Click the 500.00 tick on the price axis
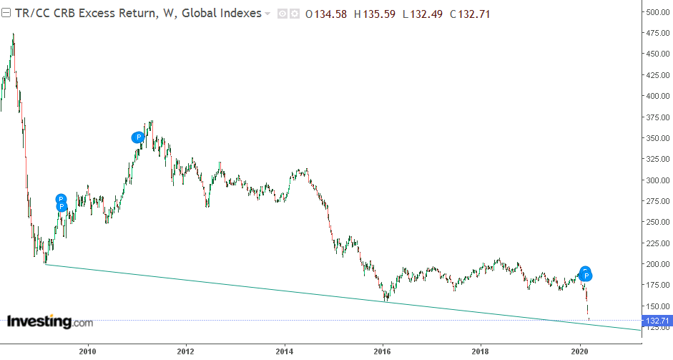pyautogui.click(x=657, y=12)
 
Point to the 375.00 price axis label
pyautogui.click(x=657, y=117)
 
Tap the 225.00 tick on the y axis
pyautogui.click(x=657, y=243)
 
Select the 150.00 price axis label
pyautogui.click(x=657, y=306)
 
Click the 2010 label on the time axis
pyautogui.click(x=88, y=351)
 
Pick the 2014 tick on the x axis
pyautogui.click(x=285, y=351)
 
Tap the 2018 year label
pyautogui.click(x=481, y=351)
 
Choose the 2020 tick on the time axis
pyautogui.click(x=579, y=351)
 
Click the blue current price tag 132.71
pyautogui.click(x=657, y=321)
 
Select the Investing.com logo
pyautogui.click(x=49, y=322)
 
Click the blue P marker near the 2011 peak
pyautogui.click(x=137, y=137)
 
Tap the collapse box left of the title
pyautogui.click(x=6, y=14)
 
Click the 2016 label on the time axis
pyautogui.click(x=383, y=351)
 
